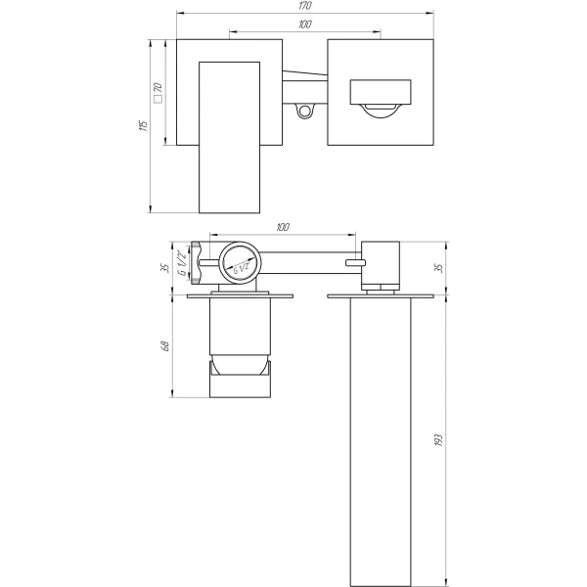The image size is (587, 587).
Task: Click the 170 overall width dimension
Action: click(303, 7)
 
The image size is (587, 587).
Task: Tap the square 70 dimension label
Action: click(157, 93)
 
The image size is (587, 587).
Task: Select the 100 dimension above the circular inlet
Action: click(283, 228)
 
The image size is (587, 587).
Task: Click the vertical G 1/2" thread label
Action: click(182, 263)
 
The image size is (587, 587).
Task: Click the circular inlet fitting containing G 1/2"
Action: click(238, 263)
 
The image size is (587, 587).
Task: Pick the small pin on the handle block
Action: click(354, 262)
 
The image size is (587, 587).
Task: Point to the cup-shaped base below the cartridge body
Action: click(239, 369)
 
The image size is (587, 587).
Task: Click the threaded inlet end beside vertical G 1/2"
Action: click(199, 263)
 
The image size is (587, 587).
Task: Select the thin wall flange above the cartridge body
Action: click(238, 293)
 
